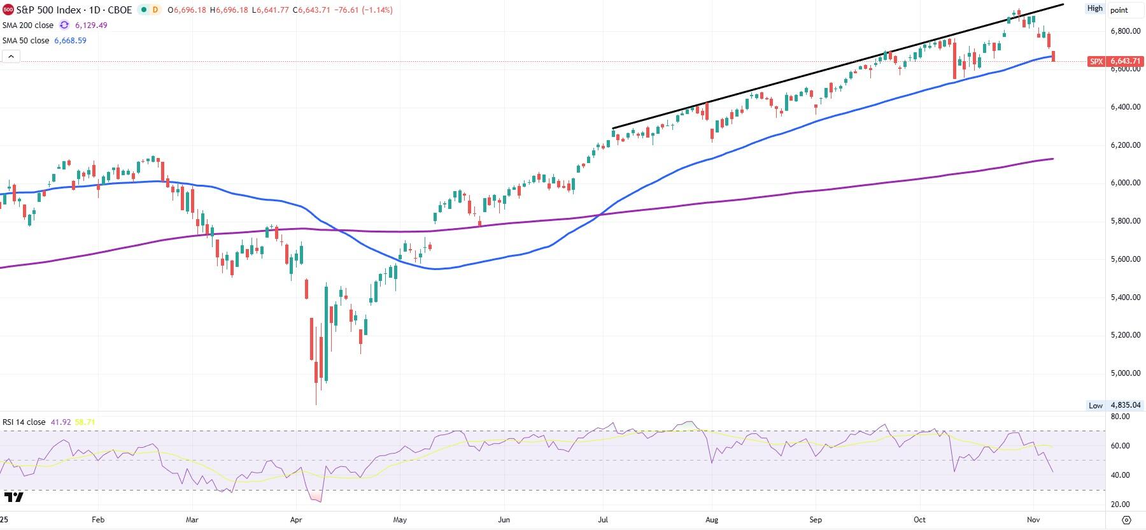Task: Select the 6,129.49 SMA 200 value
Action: (91, 25)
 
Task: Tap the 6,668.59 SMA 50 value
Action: (71, 40)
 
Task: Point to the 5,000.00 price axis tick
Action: (1125, 373)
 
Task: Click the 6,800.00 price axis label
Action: (1125, 31)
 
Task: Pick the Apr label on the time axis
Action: (296, 520)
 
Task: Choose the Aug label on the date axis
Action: (712, 520)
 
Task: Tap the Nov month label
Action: (1033, 520)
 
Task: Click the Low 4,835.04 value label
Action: (1125, 405)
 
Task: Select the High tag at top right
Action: (1094, 8)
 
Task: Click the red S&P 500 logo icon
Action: (8, 10)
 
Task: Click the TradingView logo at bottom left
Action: (13, 497)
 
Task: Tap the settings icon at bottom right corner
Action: (1126, 520)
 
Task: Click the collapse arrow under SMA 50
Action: (11, 57)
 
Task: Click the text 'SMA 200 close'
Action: (28, 25)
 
